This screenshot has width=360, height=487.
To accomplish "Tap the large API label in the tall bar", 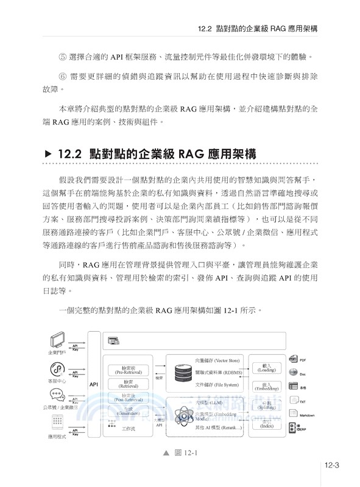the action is click(93, 385).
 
